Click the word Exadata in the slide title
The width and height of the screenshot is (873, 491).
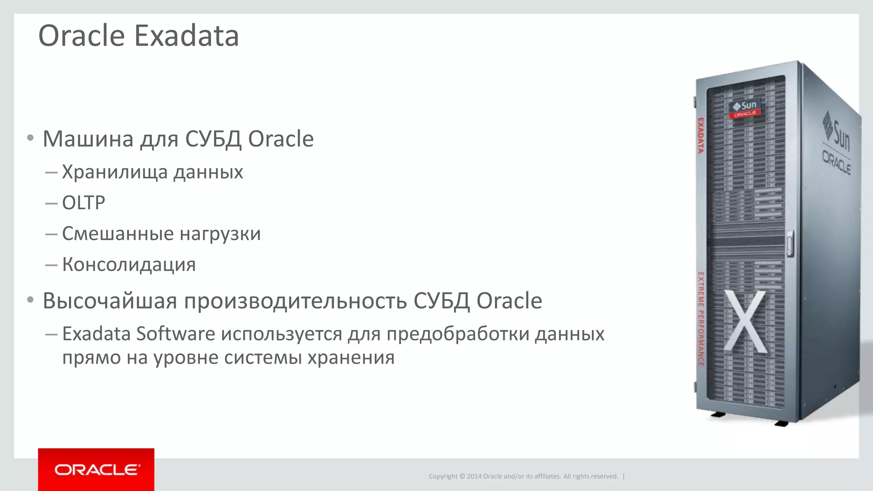(187, 36)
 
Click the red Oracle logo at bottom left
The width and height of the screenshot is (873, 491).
(96, 470)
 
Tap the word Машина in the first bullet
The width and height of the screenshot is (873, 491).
(88, 139)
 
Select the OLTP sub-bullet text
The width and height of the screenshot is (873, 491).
(84, 203)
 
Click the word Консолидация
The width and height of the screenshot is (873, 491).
(129, 265)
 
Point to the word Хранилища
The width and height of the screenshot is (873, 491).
(115, 172)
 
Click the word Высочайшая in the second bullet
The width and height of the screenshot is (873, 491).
(110, 301)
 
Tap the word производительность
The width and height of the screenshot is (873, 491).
(295, 301)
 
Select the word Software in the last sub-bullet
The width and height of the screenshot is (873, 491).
(176, 334)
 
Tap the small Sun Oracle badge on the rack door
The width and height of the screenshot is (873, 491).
(745, 109)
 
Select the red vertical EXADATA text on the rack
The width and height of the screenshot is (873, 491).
(700, 136)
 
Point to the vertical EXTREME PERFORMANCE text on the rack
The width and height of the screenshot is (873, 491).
(700, 319)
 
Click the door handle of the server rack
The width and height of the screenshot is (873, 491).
(789, 244)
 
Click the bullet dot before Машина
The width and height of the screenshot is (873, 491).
(30, 138)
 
